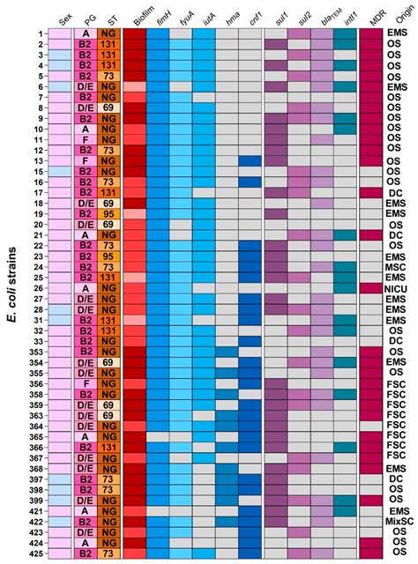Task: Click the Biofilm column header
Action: click(x=135, y=16)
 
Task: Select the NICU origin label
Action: click(x=396, y=287)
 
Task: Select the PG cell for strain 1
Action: click(x=86, y=33)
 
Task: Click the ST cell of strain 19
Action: click(x=109, y=213)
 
